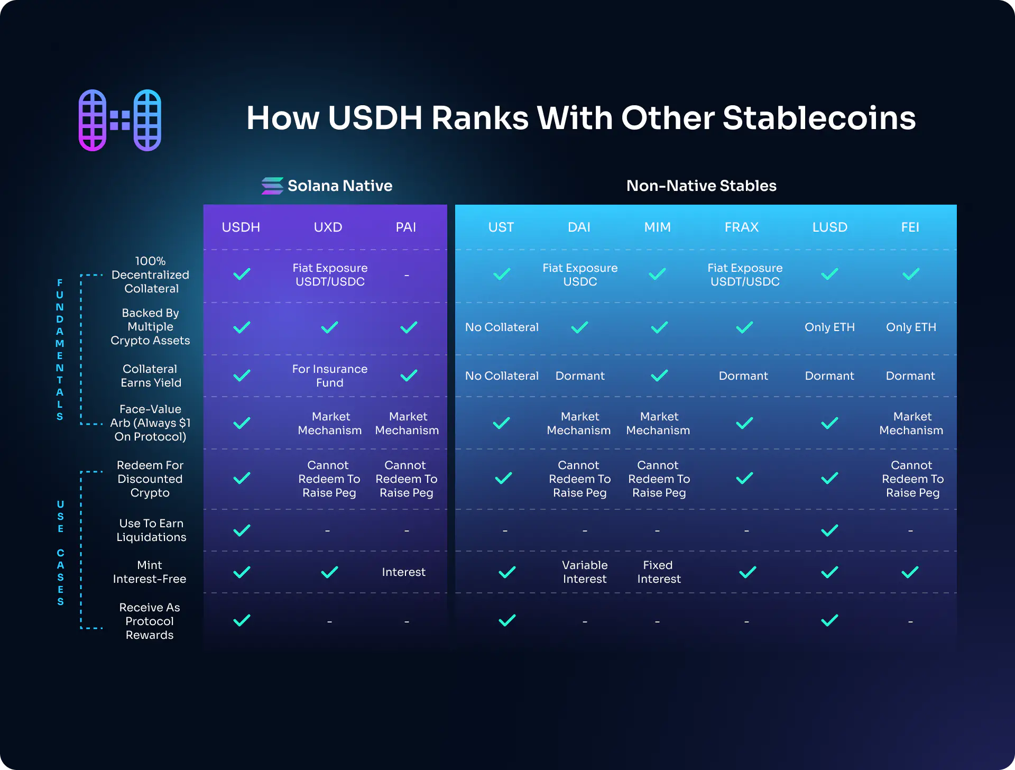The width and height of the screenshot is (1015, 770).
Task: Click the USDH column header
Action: (241, 227)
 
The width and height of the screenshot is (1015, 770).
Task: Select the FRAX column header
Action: (742, 227)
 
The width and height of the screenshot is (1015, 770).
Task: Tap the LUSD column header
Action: (830, 227)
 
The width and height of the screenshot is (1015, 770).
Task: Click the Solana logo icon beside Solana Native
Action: (272, 186)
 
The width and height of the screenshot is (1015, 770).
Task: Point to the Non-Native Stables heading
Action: (702, 186)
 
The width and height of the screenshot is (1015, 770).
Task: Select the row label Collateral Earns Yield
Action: (151, 375)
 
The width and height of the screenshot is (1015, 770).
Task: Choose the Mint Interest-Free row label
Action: (150, 572)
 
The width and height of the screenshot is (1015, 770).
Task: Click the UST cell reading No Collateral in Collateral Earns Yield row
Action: (502, 375)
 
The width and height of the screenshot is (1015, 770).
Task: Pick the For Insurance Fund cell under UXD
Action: (330, 375)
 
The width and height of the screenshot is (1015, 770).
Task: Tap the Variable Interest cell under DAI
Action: (585, 572)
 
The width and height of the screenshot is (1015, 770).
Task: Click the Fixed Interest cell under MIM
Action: (659, 572)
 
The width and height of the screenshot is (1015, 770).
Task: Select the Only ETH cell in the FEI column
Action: (911, 327)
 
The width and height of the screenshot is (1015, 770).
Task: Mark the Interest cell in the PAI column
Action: (403, 572)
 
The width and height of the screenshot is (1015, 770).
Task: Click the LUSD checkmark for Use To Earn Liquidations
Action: (829, 530)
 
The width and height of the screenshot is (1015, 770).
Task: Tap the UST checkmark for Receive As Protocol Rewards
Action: (507, 620)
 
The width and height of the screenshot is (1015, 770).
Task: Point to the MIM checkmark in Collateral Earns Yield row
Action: (659, 375)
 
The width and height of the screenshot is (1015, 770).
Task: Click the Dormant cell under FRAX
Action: (743, 375)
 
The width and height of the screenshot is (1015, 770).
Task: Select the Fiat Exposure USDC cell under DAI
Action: (580, 274)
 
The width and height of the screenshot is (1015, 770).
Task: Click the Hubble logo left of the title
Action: (120, 120)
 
